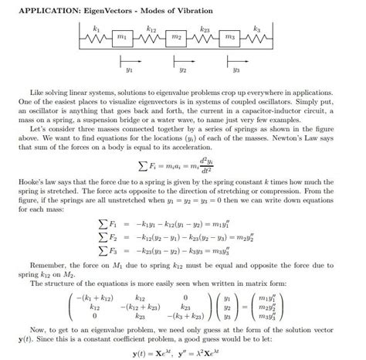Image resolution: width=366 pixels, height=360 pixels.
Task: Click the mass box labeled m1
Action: [121, 36]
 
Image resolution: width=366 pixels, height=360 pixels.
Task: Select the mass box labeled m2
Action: [177, 36]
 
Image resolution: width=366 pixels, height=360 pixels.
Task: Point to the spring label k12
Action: [151, 29]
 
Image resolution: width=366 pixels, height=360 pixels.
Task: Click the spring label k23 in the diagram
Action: [205, 29]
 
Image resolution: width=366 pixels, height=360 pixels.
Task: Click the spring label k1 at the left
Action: [96, 28]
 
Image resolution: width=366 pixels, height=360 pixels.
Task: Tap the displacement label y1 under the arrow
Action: [129, 70]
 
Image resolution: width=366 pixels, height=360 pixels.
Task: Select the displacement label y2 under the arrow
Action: [183, 70]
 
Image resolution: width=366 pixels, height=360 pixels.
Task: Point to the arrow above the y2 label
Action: [183, 59]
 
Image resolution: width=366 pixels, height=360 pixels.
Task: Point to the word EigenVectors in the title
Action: [117, 10]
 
